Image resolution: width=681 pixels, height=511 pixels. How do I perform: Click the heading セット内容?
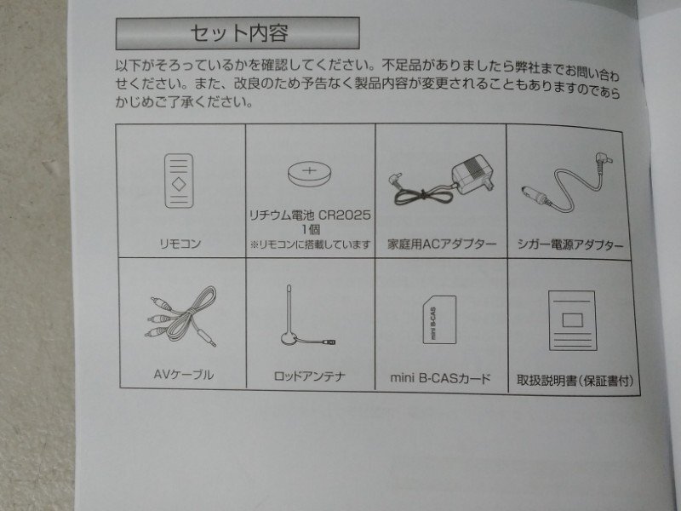(238, 33)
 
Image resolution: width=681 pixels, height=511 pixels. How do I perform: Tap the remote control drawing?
(179, 181)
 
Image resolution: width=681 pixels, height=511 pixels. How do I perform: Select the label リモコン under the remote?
(180, 244)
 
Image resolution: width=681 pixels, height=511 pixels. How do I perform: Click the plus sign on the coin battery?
(309, 169)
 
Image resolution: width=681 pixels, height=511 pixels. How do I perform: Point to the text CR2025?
(345, 215)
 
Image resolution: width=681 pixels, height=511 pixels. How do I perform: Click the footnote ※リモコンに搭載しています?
(310, 245)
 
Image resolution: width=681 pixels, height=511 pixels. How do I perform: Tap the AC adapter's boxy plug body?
(473, 174)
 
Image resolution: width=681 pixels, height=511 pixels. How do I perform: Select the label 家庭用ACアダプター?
(442, 244)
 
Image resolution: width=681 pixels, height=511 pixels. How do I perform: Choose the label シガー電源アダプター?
(570, 245)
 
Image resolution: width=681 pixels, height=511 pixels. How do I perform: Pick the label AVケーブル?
(183, 375)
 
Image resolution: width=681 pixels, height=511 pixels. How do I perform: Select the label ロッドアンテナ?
(310, 376)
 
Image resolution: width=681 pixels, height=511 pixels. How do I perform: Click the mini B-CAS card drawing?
(439, 320)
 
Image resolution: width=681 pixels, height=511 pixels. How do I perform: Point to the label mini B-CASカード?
(440, 378)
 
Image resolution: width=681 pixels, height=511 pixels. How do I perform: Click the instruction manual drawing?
(572, 321)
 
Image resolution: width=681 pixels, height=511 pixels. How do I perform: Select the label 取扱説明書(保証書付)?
(575, 381)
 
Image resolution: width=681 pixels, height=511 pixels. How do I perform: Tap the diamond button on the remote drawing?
(179, 184)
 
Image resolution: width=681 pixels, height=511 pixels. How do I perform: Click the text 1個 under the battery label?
(311, 229)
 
